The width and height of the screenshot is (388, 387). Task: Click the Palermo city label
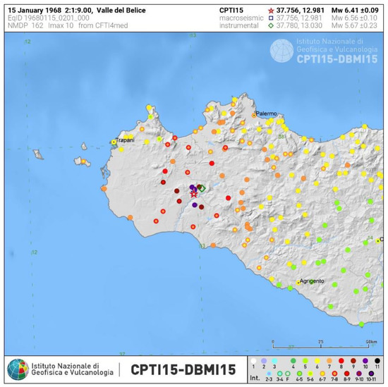[x=267, y=113]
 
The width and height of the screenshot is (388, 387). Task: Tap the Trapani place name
[x=125, y=140]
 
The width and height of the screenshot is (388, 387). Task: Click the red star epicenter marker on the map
[x=194, y=193]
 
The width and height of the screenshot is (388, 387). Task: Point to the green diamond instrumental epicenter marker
[x=201, y=188]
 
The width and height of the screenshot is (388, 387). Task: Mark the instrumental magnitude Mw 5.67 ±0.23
[x=340, y=25]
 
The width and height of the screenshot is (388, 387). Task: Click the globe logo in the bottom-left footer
[x=18, y=369]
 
